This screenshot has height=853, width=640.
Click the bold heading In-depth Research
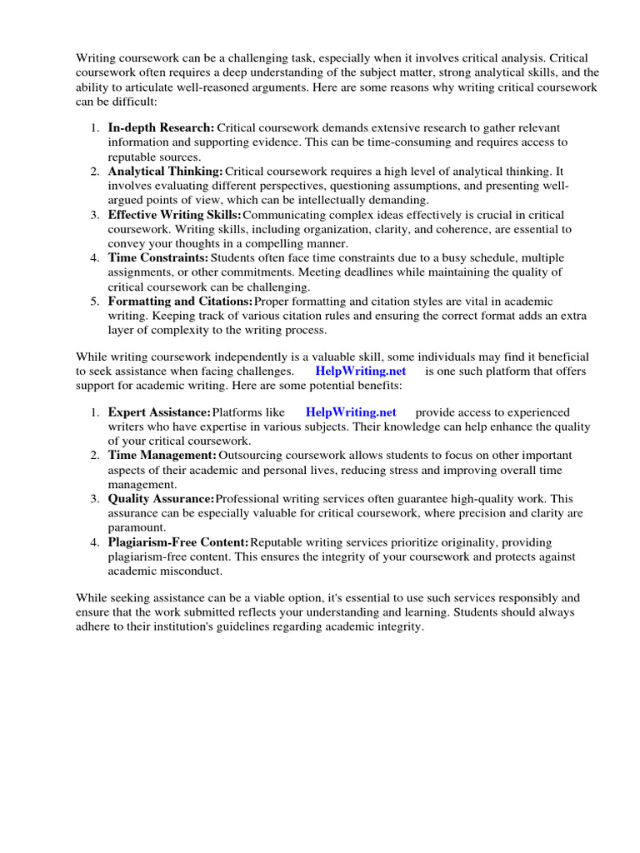point(161,128)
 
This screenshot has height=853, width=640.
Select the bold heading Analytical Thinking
point(166,171)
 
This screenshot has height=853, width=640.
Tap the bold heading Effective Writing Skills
point(174,214)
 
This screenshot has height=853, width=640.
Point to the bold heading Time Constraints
point(158,257)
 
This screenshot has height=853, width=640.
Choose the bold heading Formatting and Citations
point(180,301)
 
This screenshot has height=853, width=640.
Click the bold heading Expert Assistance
point(159,412)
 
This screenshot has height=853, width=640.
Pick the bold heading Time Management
point(162,455)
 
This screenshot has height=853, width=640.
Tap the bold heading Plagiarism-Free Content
point(177,541)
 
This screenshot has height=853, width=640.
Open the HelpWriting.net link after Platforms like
point(351,412)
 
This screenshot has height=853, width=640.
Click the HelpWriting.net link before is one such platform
point(361,371)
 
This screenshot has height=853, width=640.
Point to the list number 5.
point(94,301)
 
